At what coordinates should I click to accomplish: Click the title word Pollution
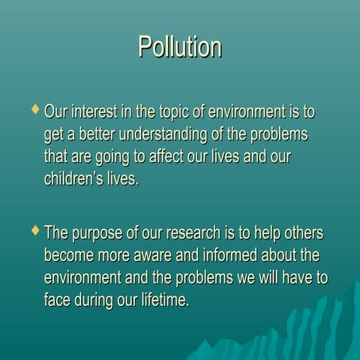180,46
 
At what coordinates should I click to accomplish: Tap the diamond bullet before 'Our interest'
33,109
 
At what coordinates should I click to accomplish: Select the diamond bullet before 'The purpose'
33,229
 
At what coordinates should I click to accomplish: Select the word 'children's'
74,180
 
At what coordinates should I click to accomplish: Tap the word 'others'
307,232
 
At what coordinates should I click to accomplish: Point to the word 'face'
58,300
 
